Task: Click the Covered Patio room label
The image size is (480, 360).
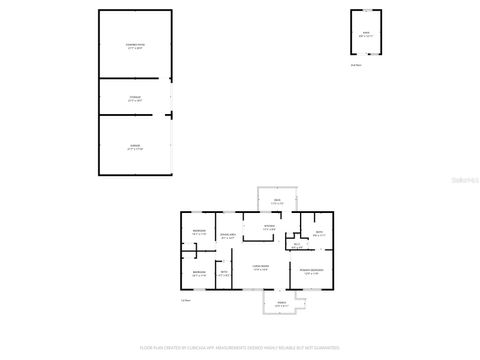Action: point(134,46)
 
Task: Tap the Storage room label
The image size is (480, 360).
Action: point(134,99)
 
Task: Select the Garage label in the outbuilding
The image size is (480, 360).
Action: point(134,147)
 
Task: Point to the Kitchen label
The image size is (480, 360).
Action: point(269,228)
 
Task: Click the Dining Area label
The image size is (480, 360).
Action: point(228,236)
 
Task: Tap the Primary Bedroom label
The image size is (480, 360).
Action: point(310,271)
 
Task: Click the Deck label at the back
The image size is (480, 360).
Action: point(277,201)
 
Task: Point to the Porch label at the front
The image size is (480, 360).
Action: point(282,303)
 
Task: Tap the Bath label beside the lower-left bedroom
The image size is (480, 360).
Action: point(224,272)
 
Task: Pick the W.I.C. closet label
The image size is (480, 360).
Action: point(297,246)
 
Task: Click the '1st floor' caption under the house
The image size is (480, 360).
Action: point(185,299)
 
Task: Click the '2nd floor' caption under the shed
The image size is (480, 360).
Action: point(355,65)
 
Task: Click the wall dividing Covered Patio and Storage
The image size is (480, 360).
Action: point(134,79)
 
